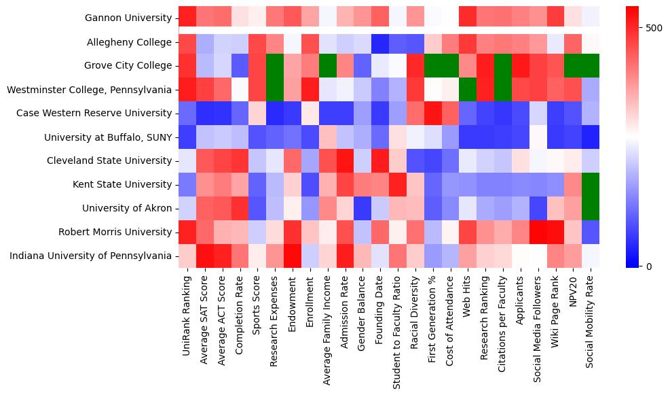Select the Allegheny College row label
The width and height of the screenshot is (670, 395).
[x=130, y=42]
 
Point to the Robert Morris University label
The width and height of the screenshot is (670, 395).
[x=119, y=232]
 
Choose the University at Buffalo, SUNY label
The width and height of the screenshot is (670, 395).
[x=108, y=137]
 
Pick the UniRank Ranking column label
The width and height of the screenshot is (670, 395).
[x=187, y=310]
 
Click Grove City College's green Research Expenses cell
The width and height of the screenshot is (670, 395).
[x=275, y=66]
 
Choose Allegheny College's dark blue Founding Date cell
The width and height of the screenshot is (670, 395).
[x=381, y=42]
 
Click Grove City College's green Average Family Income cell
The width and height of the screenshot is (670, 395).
[x=328, y=66]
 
